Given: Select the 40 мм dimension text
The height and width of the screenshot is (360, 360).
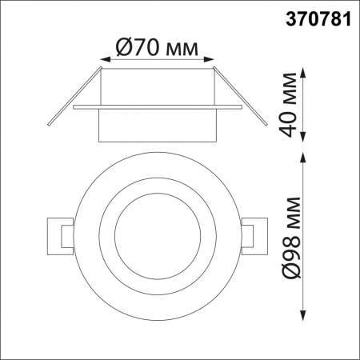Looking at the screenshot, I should [295, 105].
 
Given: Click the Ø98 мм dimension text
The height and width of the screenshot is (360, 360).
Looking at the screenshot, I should [293, 237].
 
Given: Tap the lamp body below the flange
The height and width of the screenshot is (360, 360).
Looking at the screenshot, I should [157, 125].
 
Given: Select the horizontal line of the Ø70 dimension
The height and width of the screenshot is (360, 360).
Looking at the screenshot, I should [157, 60].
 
